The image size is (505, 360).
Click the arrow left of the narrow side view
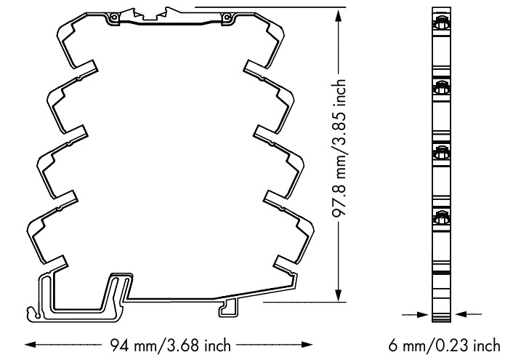click(423, 315)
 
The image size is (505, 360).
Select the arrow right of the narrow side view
click(461, 315)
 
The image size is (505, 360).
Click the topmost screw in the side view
click(441, 25)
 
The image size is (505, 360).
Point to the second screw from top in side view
click(441, 88)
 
